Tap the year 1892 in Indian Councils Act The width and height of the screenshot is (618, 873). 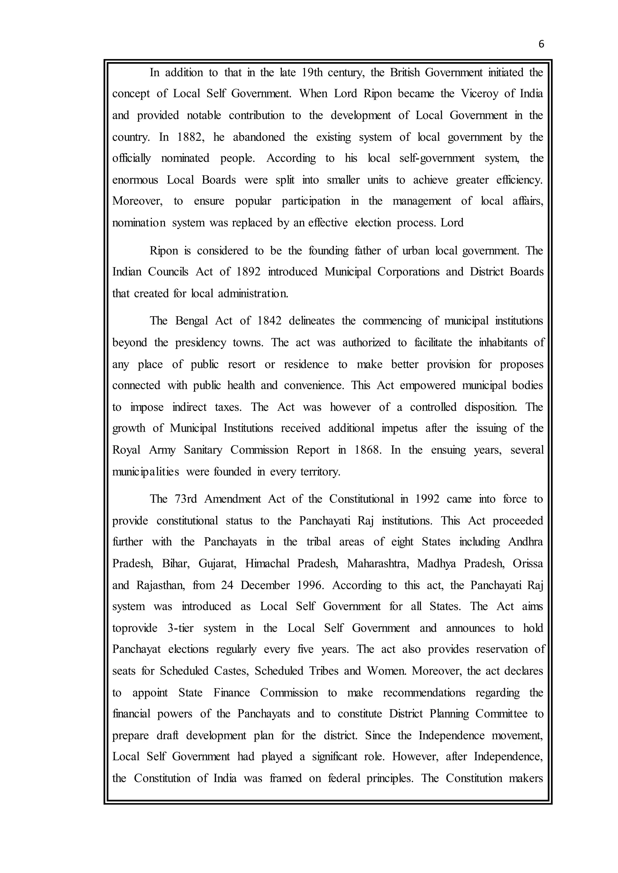pyautogui.click(x=248, y=272)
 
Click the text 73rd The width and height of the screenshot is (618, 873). pyautogui.click(x=185, y=499)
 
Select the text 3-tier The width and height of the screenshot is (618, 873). pyautogui.click(x=180, y=629)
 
